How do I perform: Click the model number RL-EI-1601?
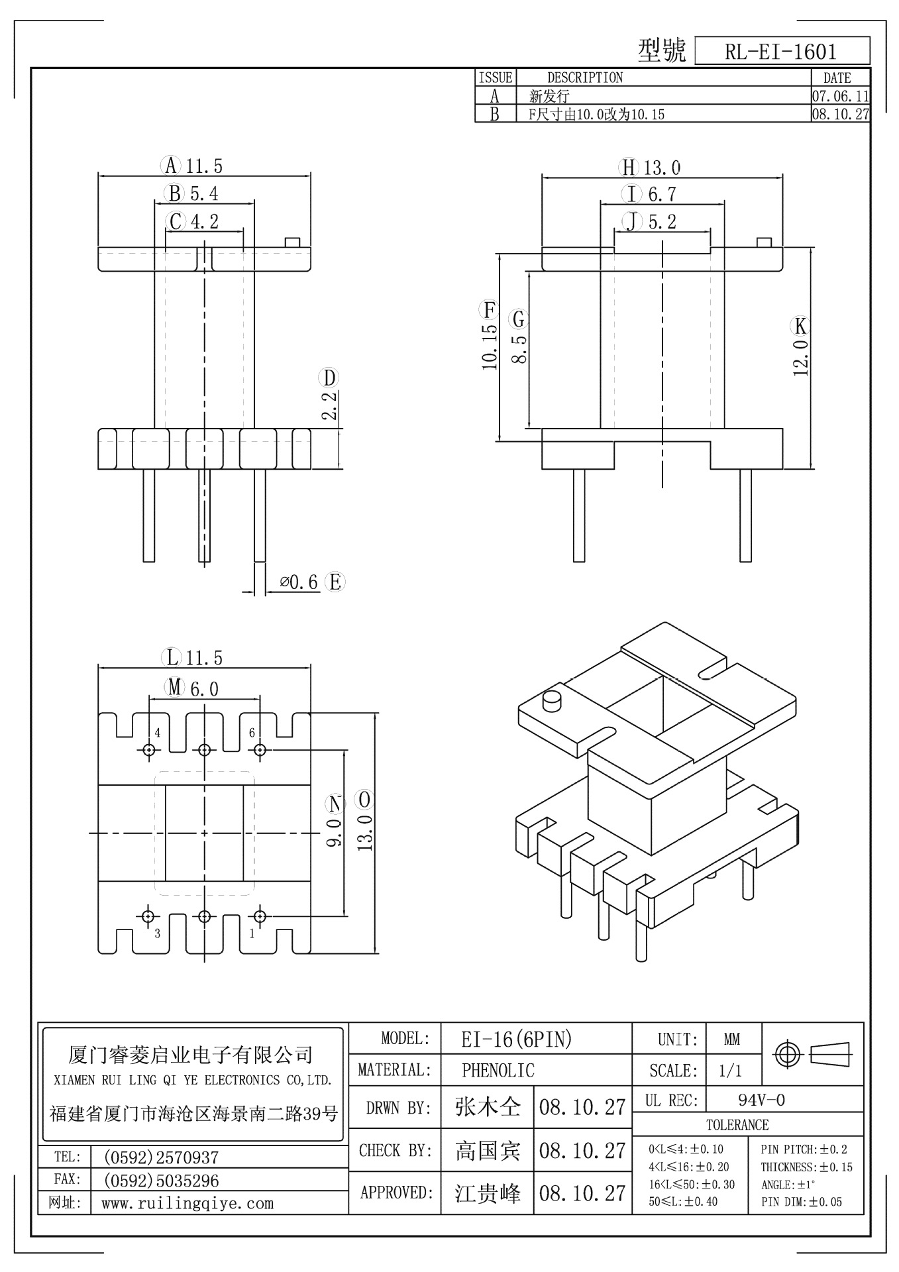tap(780, 52)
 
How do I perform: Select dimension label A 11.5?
tap(192, 166)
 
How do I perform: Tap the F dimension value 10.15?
tap(490, 345)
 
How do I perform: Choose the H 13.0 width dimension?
tap(650, 168)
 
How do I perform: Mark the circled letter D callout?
tap(329, 378)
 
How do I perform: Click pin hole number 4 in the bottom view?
tap(148, 749)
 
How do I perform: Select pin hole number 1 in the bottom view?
tap(260, 916)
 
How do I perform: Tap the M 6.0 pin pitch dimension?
tap(192, 688)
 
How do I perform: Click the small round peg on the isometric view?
tap(551, 700)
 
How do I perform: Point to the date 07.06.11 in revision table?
tap(840, 96)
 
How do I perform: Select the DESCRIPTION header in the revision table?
tap(584, 78)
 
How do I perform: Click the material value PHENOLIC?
tap(498, 1070)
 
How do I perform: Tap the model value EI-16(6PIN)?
tap(516, 1039)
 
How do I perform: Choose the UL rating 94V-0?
tap(761, 1100)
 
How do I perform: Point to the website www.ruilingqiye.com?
tap(187, 1203)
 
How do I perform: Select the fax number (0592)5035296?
tap(161, 1181)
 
